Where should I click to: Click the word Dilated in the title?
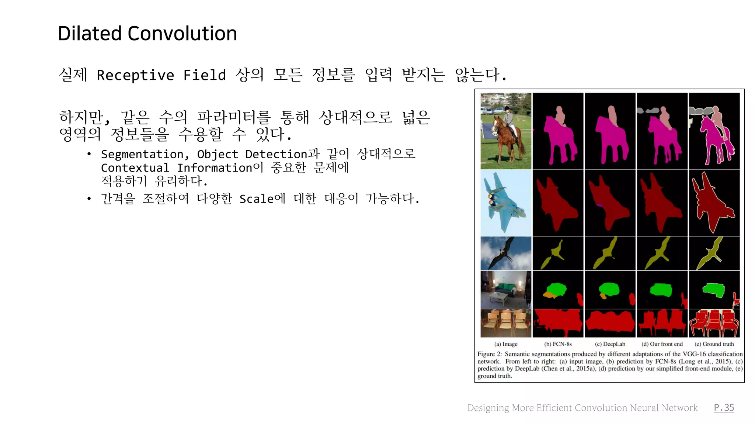tap(90, 34)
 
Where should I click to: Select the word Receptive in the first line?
tap(135, 75)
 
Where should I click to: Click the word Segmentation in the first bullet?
tap(142, 154)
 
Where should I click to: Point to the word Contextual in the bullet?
tap(135, 168)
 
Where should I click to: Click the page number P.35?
tap(724, 408)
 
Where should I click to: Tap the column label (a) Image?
tap(506, 344)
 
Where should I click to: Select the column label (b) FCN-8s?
tap(558, 344)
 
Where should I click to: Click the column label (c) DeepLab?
tap(610, 344)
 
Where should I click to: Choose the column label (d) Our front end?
tap(662, 344)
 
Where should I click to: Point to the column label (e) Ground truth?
tap(714, 344)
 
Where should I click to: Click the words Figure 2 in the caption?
tap(489, 354)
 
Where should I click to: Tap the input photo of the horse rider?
tap(506, 131)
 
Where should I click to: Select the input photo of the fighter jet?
tap(506, 203)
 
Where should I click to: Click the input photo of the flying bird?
tap(506, 253)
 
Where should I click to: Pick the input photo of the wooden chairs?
tap(506, 324)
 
